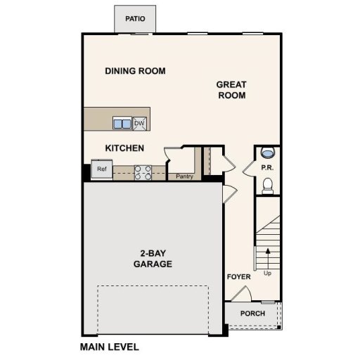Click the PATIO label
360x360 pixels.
tap(135, 19)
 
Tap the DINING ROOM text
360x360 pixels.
tap(135, 71)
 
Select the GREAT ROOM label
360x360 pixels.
tap(231, 90)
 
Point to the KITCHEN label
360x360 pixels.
tap(124, 148)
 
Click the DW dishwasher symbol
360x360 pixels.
tap(139, 124)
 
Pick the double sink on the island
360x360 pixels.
tap(122, 124)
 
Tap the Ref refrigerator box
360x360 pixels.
tap(102, 169)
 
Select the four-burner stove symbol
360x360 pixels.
tap(143, 172)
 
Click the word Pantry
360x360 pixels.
tap(184, 176)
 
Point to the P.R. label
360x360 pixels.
tap(266, 169)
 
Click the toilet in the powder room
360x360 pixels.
tap(267, 184)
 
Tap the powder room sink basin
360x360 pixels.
tap(267, 153)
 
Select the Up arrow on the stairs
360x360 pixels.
tap(267, 261)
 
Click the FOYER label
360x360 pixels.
tap(238, 277)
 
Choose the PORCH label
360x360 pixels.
tap(252, 314)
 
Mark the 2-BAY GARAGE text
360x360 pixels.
tap(153, 259)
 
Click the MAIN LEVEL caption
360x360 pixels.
tap(109, 347)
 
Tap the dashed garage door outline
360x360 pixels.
tap(153, 286)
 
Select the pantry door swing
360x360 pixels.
tap(172, 156)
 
